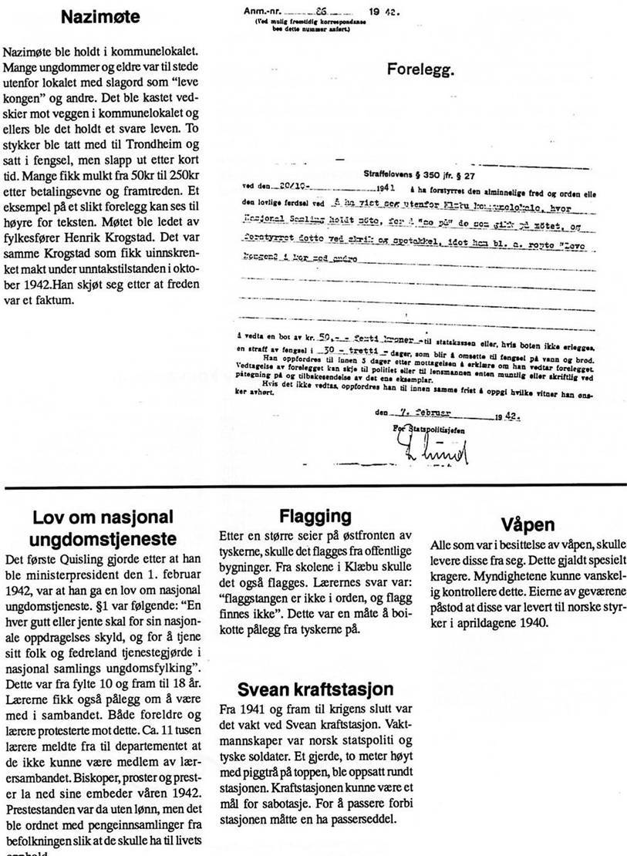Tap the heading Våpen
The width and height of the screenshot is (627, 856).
coord(528,524)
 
